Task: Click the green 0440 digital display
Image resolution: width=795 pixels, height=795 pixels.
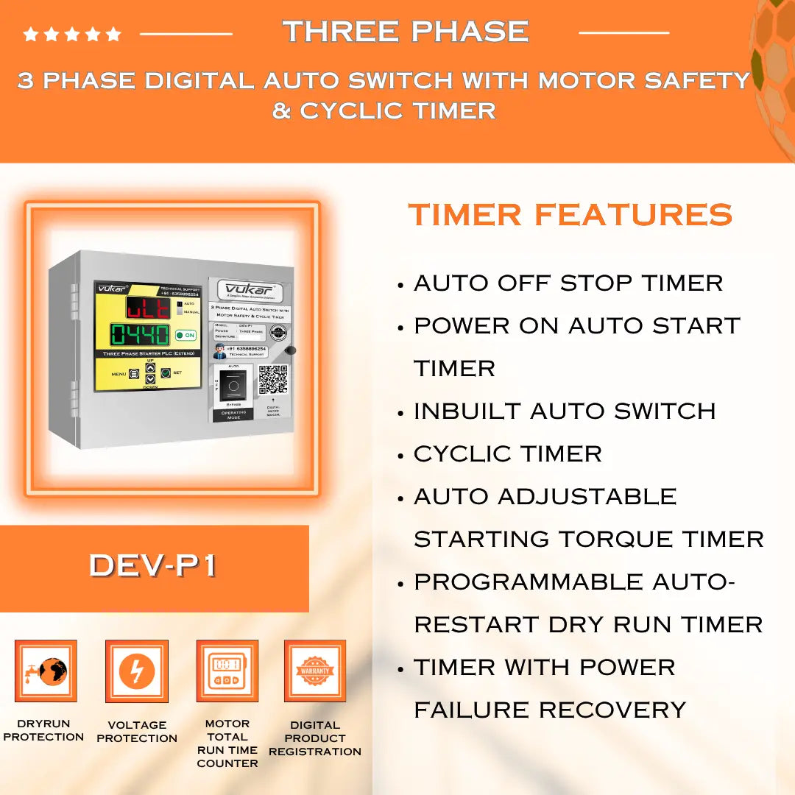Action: click(x=141, y=335)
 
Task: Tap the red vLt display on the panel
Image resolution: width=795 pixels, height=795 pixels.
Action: click(x=148, y=307)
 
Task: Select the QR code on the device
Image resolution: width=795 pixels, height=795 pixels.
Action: click(x=273, y=379)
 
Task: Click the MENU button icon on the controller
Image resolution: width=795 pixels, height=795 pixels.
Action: click(x=134, y=374)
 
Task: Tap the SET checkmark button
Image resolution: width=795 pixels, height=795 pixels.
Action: click(x=166, y=373)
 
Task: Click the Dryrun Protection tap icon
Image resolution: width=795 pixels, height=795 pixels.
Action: click(x=46, y=671)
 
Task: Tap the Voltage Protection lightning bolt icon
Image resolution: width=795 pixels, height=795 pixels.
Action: click(x=137, y=671)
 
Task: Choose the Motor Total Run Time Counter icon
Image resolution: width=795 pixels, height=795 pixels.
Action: click(x=227, y=671)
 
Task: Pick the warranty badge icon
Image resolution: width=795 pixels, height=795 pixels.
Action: click(x=315, y=671)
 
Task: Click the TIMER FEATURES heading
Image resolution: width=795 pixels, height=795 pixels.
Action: click(x=570, y=215)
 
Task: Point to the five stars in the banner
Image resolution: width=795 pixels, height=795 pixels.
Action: click(x=72, y=34)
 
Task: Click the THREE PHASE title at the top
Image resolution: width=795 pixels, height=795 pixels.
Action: click(x=406, y=32)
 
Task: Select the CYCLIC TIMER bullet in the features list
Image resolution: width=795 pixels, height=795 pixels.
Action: click(x=507, y=453)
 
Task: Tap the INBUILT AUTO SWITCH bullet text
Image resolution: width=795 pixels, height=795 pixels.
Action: click(x=564, y=411)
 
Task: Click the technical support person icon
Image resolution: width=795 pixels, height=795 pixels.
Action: click(x=219, y=351)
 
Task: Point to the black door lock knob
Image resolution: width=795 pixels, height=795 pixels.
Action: click(x=290, y=351)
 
